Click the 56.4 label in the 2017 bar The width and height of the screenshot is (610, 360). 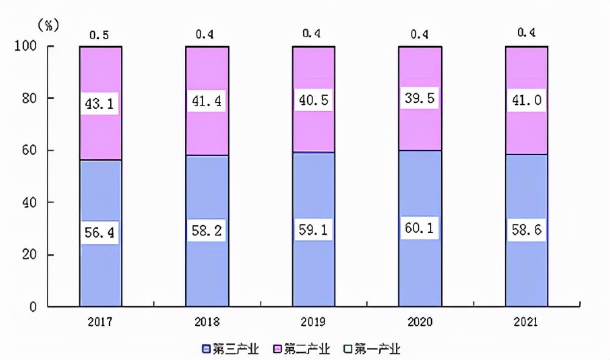click(x=101, y=232)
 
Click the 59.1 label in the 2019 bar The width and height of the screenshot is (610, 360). click(x=314, y=230)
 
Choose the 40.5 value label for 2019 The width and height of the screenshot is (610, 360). click(x=314, y=99)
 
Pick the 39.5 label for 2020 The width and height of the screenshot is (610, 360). click(x=420, y=98)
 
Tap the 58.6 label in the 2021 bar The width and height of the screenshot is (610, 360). click(x=526, y=230)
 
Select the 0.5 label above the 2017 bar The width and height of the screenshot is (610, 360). click(x=101, y=35)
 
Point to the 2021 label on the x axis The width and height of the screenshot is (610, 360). click(x=526, y=321)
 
